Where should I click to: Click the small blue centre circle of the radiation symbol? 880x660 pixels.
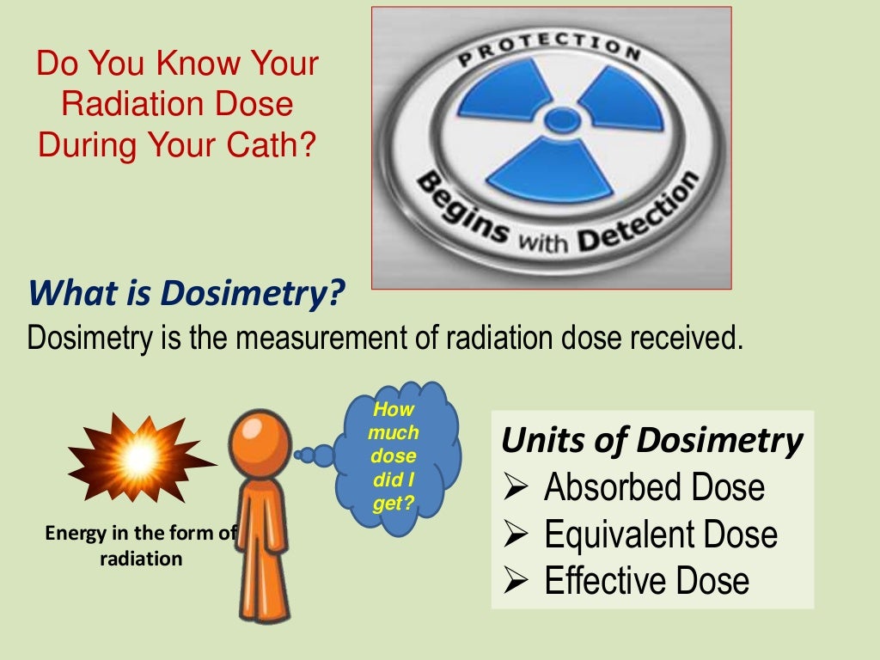pyautogui.click(x=563, y=119)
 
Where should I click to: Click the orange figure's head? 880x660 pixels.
pyautogui.click(x=261, y=436)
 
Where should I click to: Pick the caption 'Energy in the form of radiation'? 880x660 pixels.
pyautogui.click(x=140, y=546)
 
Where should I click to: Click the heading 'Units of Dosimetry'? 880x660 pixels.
pyautogui.click(x=651, y=441)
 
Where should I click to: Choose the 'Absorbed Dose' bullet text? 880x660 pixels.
pyautogui.click(x=654, y=488)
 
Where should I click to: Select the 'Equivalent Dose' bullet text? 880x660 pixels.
pyautogui.click(x=660, y=535)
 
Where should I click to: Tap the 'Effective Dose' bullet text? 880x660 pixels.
pyautogui.click(x=646, y=581)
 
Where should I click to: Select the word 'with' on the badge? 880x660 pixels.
pyautogui.click(x=543, y=243)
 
